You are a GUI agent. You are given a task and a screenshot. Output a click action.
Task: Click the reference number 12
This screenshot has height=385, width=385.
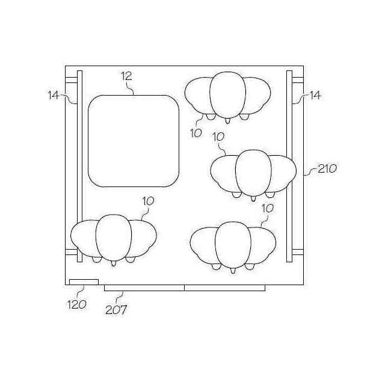click(127, 76)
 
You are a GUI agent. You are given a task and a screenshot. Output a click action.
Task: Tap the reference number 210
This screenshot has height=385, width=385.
click(327, 168)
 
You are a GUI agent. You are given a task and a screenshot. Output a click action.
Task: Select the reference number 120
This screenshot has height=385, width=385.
click(77, 305)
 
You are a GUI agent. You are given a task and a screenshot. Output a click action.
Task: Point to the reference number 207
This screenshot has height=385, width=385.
click(116, 310)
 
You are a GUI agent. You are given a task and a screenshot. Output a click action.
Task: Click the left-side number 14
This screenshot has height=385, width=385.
click(54, 95)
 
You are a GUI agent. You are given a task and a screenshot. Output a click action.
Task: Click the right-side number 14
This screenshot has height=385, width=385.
click(315, 95)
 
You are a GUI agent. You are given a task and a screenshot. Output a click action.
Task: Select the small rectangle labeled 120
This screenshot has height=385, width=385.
click(84, 282)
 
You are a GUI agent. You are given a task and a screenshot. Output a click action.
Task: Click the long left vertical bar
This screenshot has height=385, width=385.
click(79, 166)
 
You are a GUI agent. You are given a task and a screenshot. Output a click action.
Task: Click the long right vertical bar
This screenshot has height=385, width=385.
click(289, 166)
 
